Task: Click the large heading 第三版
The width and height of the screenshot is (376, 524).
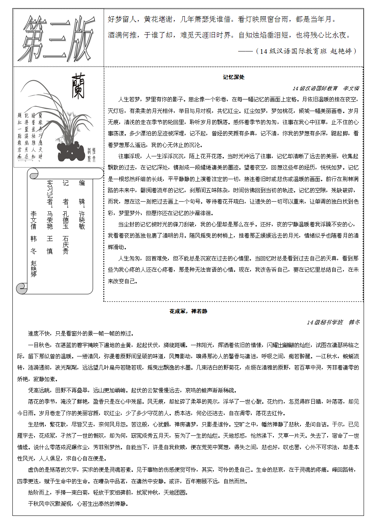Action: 58,38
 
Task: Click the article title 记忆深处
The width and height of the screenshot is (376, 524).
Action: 233,77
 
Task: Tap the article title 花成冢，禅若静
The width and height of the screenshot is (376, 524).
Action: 188,311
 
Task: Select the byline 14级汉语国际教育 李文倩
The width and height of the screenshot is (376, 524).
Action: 326,88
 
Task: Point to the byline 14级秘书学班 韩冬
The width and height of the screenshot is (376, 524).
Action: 333,322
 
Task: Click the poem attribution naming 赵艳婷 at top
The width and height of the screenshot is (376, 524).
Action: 306,51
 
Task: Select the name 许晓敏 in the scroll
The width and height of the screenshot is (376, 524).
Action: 82,221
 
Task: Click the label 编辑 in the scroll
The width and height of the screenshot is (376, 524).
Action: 82,192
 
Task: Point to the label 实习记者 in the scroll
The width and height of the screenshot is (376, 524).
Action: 50,192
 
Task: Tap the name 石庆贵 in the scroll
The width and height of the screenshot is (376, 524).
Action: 65,245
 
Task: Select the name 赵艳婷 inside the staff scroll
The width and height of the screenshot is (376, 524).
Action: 34,269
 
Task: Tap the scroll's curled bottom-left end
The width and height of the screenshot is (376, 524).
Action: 22,288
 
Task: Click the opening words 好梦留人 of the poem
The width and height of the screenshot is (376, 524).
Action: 122,19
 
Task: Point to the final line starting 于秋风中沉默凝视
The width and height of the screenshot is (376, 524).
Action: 77,503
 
